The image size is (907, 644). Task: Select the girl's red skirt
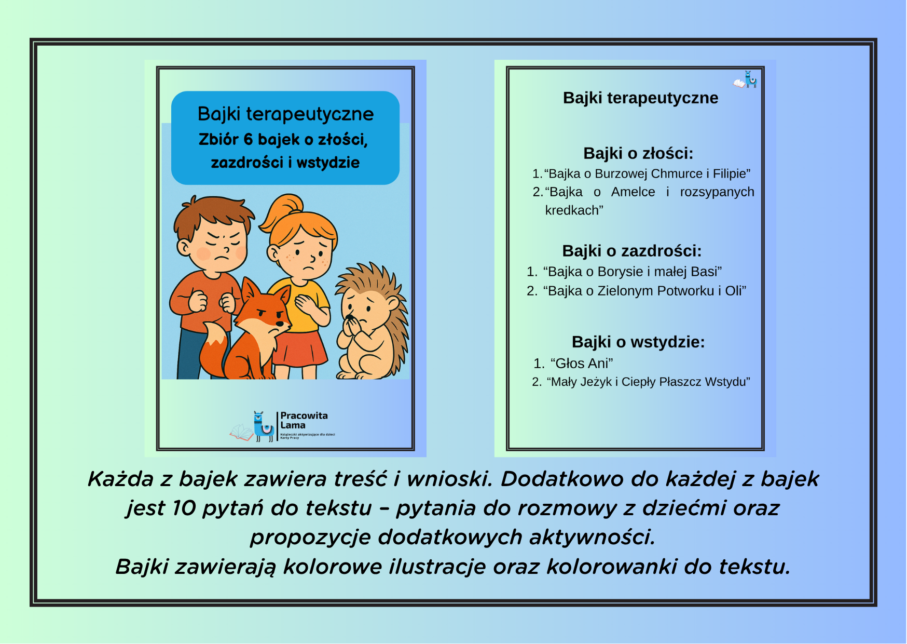(299, 348)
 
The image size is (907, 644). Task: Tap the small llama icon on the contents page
(750, 79)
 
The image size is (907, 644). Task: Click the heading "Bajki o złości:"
(638, 153)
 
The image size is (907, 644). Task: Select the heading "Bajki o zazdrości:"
(631, 251)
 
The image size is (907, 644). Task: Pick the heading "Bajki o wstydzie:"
(638, 342)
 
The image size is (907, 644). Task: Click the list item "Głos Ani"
(582, 363)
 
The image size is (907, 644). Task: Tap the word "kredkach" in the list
(573, 210)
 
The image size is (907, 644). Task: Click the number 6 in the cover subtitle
(248, 139)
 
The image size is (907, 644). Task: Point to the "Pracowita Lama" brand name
(304, 420)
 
